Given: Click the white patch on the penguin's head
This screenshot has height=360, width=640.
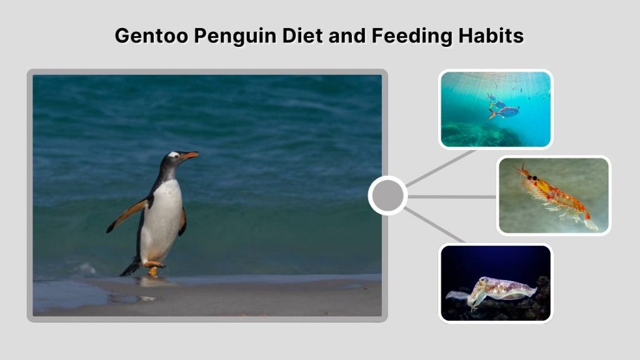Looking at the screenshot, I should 173,154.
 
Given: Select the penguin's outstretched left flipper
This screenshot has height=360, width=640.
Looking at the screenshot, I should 128,214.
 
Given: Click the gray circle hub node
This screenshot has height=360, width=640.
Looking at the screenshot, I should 387,196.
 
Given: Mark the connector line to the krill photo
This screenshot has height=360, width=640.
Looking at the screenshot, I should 452,196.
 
